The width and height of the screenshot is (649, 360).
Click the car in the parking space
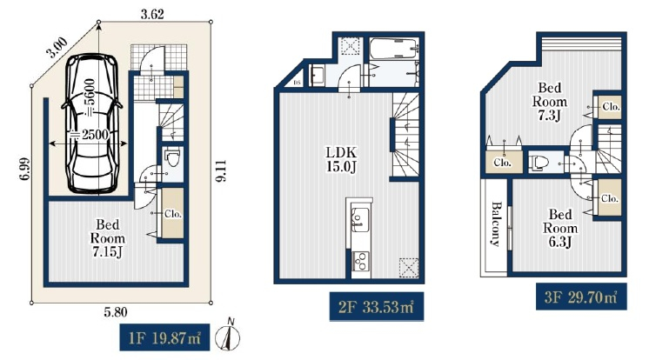point(92,123)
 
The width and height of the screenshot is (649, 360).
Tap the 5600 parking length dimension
point(90,98)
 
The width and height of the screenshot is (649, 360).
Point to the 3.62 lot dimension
point(152,15)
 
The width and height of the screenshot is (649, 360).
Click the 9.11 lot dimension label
point(221,171)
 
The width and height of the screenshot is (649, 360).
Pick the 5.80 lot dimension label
point(116,312)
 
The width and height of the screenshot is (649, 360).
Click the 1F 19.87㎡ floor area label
point(164,337)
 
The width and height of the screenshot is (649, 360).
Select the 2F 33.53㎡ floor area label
point(376,307)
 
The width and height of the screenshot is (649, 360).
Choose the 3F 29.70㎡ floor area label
point(581,297)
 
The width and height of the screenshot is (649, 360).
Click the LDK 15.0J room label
point(342,159)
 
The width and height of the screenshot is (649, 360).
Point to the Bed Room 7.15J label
point(108,238)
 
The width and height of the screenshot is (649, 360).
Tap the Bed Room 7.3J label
point(550,102)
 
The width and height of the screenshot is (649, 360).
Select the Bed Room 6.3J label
point(560,228)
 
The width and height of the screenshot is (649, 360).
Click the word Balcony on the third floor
point(496,223)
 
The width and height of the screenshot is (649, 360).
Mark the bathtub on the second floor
point(394,50)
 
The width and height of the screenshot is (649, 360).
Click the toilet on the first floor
point(172,157)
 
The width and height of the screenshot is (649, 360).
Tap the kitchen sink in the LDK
point(359,218)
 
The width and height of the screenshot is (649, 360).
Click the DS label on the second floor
point(297,83)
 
